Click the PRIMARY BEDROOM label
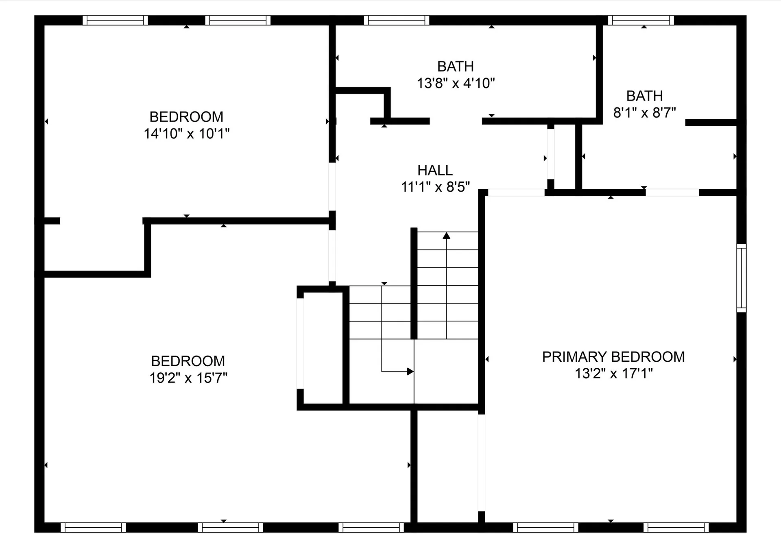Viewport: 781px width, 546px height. (x=613, y=357)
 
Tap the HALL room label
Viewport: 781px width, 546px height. (x=435, y=170)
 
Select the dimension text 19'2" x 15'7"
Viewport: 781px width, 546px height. (x=188, y=378)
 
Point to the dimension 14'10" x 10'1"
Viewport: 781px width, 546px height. (x=186, y=133)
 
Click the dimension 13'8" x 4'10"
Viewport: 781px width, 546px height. (x=456, y=83)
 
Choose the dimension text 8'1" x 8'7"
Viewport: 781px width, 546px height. (x=644, y=113)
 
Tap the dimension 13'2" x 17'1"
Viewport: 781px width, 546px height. (x=613, y=373)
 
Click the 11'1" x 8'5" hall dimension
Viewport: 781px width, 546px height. (x=435, y=187)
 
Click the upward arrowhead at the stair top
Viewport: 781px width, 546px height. (x=447, y=235)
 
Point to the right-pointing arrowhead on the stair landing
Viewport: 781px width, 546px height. (x=410, y=371)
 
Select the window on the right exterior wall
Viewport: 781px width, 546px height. (x=742, y=278)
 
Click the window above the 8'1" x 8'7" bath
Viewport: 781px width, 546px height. (x=641, y=20)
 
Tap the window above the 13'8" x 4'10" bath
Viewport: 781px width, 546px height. (x=397, y=20)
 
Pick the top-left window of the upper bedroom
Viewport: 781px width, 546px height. (x=115, y=20)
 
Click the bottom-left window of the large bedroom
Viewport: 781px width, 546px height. (x=93, y=527)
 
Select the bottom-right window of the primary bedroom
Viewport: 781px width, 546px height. (x=676, y=527)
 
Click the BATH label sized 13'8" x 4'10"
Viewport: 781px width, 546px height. (x=456, y=66)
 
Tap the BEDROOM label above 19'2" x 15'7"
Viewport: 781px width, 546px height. (x=188, y=361)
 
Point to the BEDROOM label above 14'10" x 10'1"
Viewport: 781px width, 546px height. (x=186, y=117)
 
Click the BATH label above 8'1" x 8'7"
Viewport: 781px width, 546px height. (x=645, y=96)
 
